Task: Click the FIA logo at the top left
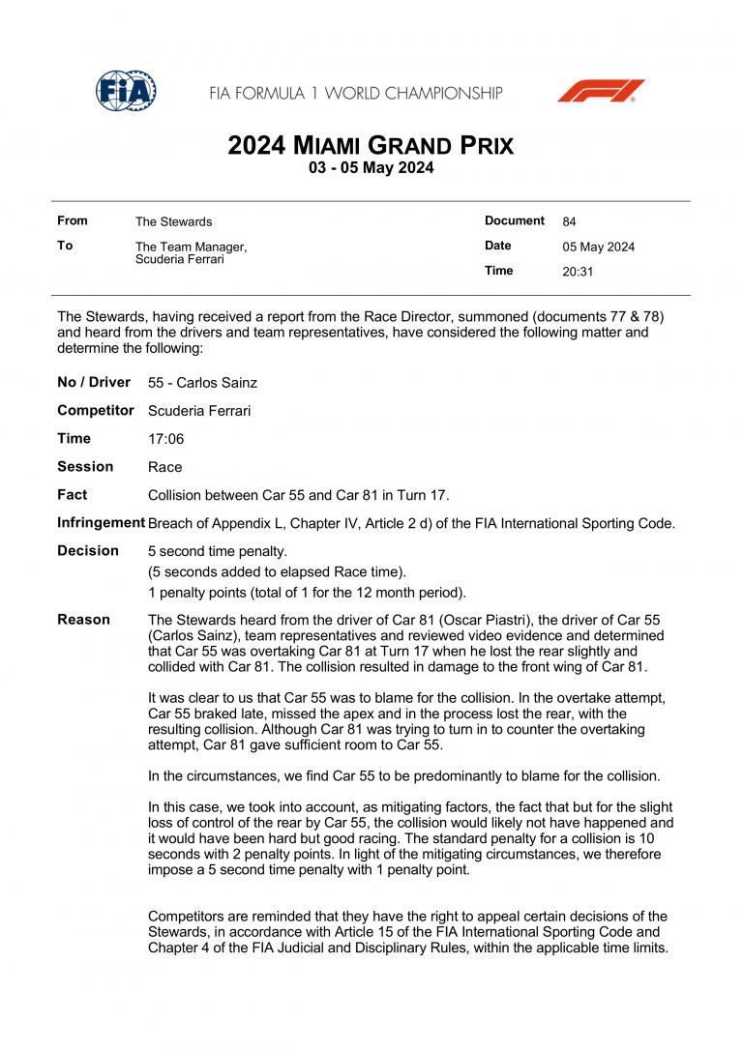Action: (x=126, y=91)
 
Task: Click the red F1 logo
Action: (x=601, y=91)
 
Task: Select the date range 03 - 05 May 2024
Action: (x=371, y=168)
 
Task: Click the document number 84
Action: (x=569, y=221)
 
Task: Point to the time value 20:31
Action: (x=578, y=272)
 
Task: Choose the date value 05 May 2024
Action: (x=598, y=247)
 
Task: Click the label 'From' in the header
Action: (x=73, y=221)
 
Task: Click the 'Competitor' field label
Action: (x=96, y=411)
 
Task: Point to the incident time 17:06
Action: (x=165, y=439)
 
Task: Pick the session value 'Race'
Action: (x=164, y=467)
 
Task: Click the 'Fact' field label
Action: (x=73, y=495)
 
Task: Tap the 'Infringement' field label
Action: (x=101, y=523)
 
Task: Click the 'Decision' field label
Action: (x=88, y=551)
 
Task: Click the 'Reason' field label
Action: (x=83, y=620)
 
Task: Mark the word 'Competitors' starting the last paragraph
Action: (x=190, y=917)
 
